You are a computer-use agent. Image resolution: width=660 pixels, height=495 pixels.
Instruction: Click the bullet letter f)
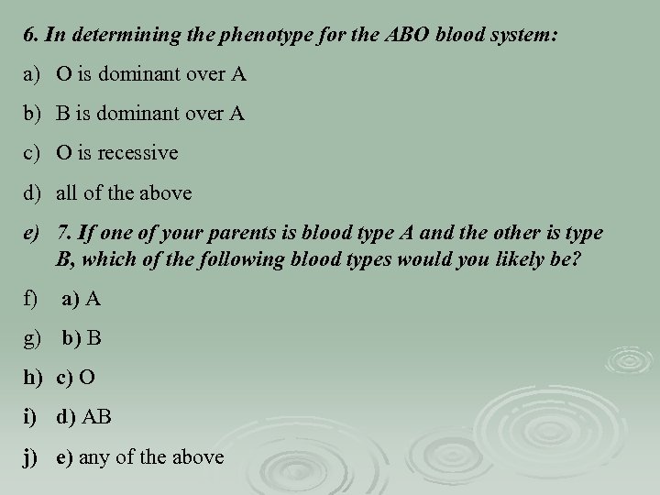[32, 299]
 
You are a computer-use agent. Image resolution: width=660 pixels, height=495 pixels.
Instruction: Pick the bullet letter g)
[34, 338]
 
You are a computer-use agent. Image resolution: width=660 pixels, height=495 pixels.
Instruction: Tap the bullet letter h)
[34, 377]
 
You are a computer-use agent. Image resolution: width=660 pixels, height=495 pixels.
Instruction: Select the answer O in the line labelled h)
[88, 377]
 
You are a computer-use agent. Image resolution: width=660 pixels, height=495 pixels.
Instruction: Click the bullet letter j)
[32, 455]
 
